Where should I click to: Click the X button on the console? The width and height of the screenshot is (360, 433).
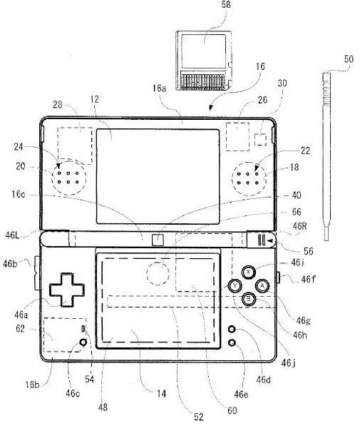(249, 272)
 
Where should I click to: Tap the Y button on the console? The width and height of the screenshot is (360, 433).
(235, 285)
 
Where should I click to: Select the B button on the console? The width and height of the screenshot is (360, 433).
(249, 299)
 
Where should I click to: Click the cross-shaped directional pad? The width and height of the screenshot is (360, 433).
(67, 290)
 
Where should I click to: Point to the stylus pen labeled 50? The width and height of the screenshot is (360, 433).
(326, 156)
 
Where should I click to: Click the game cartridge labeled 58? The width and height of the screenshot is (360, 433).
(203, 60)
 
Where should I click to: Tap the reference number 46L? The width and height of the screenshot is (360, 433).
(12, 235)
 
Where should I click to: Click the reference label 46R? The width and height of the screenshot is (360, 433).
(300, 226)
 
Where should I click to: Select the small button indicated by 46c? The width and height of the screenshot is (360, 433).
(83, 342)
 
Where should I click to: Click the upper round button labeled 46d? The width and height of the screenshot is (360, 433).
(232, 329)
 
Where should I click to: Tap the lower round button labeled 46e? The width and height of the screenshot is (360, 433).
(232, 342)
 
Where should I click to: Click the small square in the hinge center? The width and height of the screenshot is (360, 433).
(158, 240)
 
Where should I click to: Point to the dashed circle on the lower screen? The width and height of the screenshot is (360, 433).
(158, 273)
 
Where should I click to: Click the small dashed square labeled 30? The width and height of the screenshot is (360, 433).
(260, 139)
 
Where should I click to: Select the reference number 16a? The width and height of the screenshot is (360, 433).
(160, 88)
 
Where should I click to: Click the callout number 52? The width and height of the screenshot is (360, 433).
(199, 417)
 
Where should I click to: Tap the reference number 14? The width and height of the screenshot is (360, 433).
(161, 394)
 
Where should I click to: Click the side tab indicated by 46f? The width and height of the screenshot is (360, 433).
(278, 277)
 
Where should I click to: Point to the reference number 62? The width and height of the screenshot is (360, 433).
(20, 329)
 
